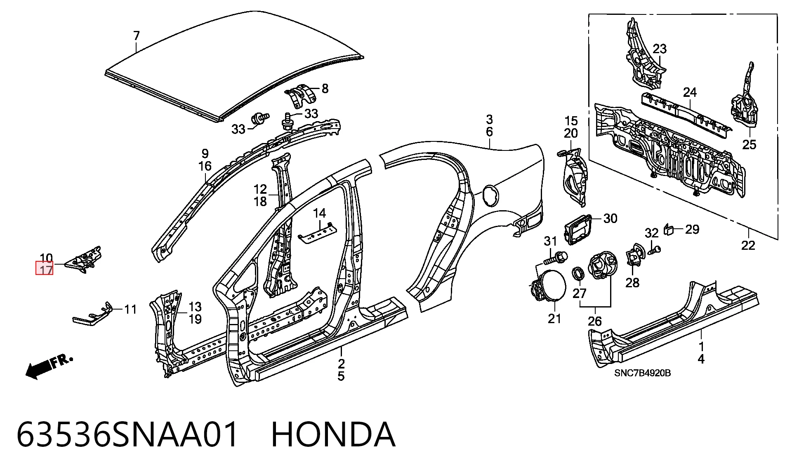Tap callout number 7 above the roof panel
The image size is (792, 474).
pyautogui.click(x=137, y=36)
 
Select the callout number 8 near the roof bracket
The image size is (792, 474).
pyautogui.click(x=325, y=89)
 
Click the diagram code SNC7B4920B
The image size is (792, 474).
pyautogui.click(x=642, y=373)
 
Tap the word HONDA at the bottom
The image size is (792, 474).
pyautogui.click(x=333, y=434)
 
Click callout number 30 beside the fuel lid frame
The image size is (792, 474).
pyautogui.click(x=610, y=218)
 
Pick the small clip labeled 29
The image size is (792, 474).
pyautogui.click(x=669, y=229)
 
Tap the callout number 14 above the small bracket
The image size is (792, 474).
pyautogui.click(x=319, y=213)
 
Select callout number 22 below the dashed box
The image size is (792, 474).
pyautogui.click(x=748, y=245)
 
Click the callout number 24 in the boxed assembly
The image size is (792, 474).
pyautogui.click(x=690, y=92)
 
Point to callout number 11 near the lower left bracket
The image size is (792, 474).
pyautogui.click(x=130, y=309)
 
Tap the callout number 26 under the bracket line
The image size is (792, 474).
pyautogui.click(x=594, y=321)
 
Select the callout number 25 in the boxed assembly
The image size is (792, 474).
pyautogui.click(x=749, y=145)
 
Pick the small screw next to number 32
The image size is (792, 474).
pyautogui.click(x=653, y=250)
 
